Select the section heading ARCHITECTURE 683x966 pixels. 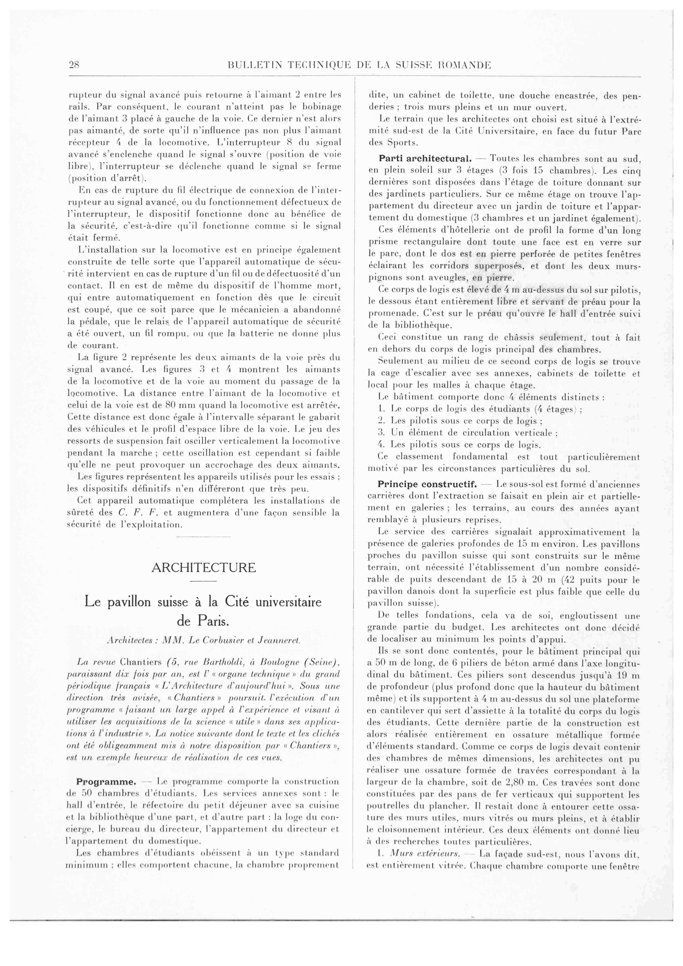(203, 568)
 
